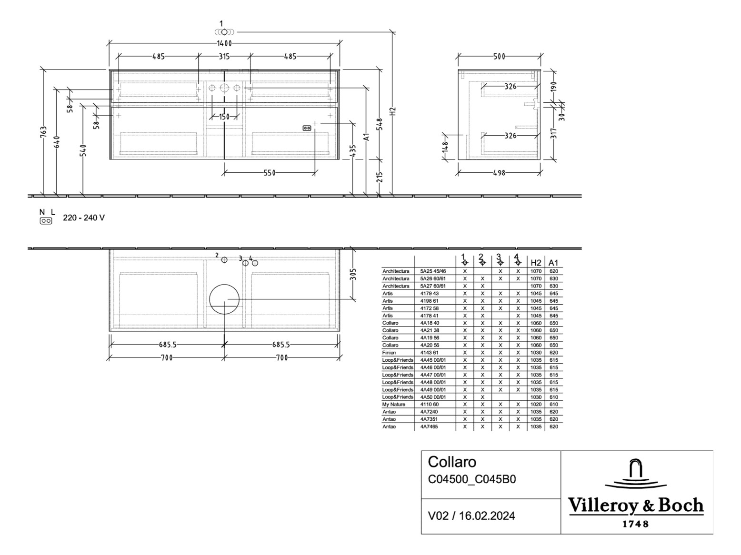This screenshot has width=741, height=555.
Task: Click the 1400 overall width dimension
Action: point(224,43)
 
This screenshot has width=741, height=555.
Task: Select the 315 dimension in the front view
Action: point(224,56)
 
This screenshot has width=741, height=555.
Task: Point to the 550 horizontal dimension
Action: point(270,173)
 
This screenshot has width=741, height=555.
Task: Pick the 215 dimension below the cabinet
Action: point(379,177)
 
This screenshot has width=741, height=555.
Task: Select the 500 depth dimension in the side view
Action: point(499,56)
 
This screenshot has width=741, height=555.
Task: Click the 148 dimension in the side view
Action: point(445,147)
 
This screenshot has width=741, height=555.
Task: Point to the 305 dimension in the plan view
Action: point(353,274)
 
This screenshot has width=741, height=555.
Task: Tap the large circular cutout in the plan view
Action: point(224,299)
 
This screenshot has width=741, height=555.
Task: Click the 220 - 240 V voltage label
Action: point(84,218)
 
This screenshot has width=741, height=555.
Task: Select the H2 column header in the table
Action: point(536,262)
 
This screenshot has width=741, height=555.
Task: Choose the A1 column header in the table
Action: point(553,262)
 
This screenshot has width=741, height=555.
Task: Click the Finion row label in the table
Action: point(389,353)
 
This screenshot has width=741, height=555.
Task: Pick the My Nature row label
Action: point(394,405)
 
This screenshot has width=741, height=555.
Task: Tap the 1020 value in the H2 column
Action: point(536,405)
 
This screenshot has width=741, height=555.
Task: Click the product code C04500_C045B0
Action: point(471,479)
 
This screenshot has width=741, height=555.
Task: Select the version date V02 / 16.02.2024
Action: point(471,516)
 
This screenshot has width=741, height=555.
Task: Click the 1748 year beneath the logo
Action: point(636,524)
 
